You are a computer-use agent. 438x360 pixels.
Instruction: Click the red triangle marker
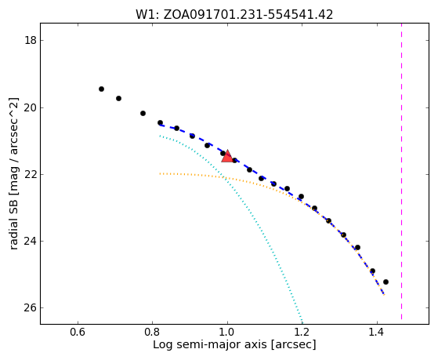(227, 157)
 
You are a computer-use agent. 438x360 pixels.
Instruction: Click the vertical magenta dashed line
(402, 171)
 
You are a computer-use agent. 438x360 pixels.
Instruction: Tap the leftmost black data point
(101, 89)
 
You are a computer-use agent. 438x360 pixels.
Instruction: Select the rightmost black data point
(386, 282)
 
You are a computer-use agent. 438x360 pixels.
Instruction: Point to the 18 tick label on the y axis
(31, 40)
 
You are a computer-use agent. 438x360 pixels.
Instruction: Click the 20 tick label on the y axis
(31, 107)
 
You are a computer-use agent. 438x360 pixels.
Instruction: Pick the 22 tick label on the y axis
(31, 174)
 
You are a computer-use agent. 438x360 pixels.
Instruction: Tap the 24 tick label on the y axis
(31, 241)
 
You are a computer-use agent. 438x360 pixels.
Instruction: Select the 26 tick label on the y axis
(31, 307)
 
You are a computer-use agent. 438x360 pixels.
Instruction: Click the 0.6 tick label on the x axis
(78, 332)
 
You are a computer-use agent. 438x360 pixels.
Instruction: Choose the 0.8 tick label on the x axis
(153, 332)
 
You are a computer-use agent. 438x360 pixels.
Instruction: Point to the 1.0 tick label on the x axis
(227, 332)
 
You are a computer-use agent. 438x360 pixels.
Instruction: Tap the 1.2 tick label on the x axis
(302, 332)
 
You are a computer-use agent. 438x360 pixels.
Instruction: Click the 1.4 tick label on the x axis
(377, 332)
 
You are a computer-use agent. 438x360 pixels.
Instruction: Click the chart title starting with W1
(234, 15)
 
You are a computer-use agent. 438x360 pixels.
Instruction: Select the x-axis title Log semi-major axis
(234, 345)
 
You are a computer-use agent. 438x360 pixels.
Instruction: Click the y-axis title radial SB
(13, 173)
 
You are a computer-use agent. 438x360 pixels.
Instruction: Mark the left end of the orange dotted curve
(160, 173)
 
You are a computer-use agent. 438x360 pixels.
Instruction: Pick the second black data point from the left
(119, 99)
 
